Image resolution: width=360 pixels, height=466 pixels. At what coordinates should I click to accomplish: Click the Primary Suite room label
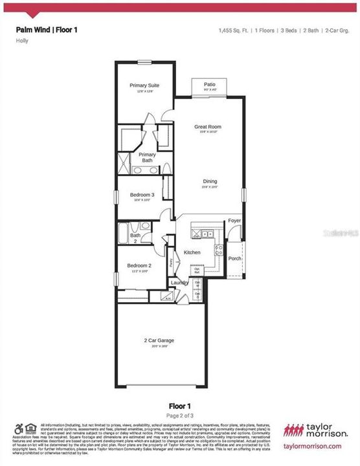(144, 85)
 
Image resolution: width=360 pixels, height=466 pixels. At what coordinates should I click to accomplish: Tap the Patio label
(210, 84)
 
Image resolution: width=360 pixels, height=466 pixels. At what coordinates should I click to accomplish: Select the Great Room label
(208, 127)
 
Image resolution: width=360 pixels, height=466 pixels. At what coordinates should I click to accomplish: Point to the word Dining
(209, 181)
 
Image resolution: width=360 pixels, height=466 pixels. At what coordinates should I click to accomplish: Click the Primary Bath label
(147, 157)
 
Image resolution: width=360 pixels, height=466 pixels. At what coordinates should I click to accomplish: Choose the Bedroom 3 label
(142, 195)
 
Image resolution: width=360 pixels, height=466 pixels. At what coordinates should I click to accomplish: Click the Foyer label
(234, 221)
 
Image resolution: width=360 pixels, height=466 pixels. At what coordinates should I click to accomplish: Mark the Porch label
(234, 259)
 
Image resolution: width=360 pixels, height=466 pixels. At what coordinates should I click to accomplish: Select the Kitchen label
(192, 252)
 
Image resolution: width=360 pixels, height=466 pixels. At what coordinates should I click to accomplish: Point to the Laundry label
(179, 282)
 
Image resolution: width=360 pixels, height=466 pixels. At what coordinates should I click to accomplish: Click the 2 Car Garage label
(160, 340)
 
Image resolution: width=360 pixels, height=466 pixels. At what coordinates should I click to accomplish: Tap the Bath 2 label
(135, 238)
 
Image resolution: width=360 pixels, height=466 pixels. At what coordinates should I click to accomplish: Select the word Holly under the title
(22, 41)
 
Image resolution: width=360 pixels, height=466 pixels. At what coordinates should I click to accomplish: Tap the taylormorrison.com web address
(313, 446)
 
